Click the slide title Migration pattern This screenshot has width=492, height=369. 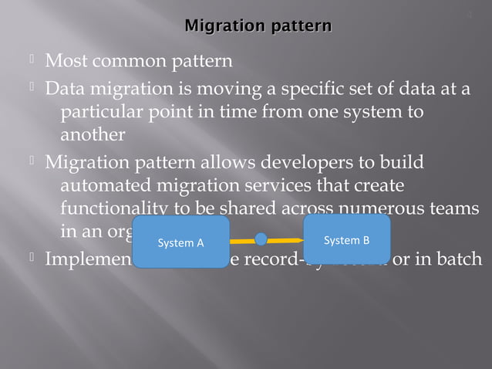[258, 27]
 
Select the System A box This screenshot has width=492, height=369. [180, 242]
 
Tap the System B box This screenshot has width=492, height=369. [346, 239]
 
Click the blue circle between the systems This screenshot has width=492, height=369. [261, 239]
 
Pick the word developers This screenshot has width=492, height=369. [298, 164]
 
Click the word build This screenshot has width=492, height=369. [399, 164]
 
